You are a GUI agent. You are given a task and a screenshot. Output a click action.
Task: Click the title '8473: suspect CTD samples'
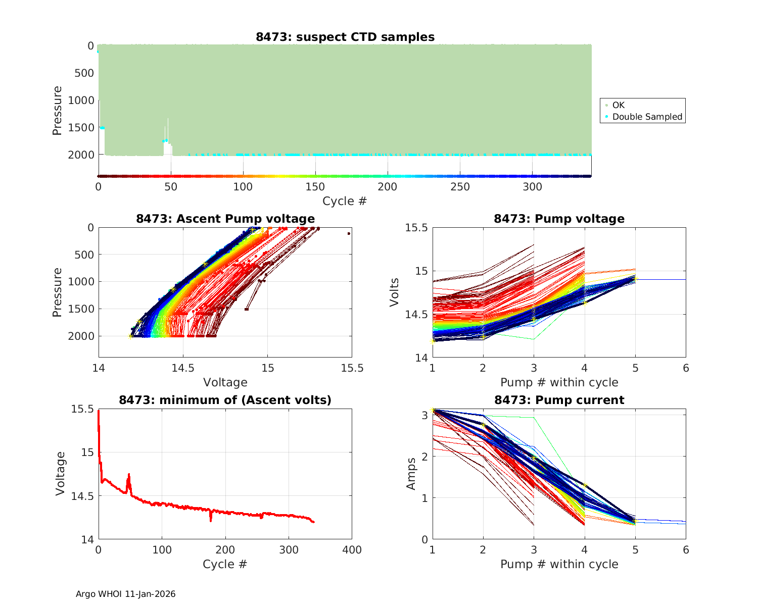pos(345,37)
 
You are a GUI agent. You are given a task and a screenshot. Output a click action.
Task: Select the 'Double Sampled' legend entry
pos(647,117)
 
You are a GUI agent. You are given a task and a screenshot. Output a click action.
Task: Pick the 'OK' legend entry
pos(618,105)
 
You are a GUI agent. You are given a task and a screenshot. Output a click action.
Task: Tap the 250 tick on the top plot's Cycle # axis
pos(460,187)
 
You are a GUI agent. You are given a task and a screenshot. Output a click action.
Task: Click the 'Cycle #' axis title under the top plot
pos(345,201)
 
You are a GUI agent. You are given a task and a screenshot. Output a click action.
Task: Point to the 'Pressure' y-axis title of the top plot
pos(57,111)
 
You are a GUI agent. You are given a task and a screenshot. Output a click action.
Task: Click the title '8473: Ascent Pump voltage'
pos(225,219)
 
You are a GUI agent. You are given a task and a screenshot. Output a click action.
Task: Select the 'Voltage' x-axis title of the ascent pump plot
pos(225,382)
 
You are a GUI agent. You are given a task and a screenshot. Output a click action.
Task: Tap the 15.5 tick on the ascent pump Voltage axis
pos(352,368)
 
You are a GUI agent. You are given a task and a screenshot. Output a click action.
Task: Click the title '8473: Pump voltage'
pos(559,219)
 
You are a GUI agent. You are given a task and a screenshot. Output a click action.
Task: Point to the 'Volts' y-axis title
pos(395,292)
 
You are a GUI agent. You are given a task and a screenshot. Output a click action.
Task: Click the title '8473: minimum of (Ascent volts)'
pos(225,400)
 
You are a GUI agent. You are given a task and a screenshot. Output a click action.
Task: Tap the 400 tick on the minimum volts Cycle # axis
pos(352,550)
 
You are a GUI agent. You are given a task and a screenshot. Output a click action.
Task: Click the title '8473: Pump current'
pos(559,400)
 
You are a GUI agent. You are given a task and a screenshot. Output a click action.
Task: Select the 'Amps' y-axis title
pos(411,474)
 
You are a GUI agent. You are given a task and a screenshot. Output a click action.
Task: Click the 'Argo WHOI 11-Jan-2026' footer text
pos(125,594)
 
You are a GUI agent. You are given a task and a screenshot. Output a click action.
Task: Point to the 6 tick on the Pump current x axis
pos(686,550)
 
